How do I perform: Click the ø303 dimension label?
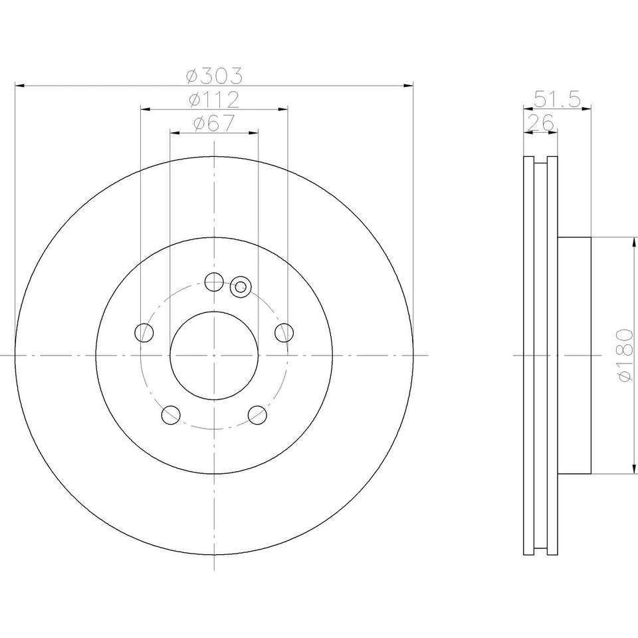pos(214,76)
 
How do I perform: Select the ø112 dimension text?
pos(214,100)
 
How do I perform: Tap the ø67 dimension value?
pos(214,124)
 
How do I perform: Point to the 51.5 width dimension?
pos(558,100)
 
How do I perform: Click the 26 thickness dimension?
pos(540,123)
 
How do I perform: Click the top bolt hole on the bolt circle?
pos(214,282)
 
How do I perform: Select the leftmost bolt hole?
pos(144,332)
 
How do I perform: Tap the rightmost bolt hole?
pos(284,332)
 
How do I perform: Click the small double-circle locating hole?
pos(241,287)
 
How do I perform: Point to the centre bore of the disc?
pos(214,356)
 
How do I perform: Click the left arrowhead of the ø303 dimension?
pos(19,86)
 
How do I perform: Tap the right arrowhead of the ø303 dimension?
pos(409,86)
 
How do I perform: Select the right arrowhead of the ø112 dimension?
pos(284,109)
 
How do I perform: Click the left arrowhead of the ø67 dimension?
pos(174,133)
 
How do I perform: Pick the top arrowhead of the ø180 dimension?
pos(630,241)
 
